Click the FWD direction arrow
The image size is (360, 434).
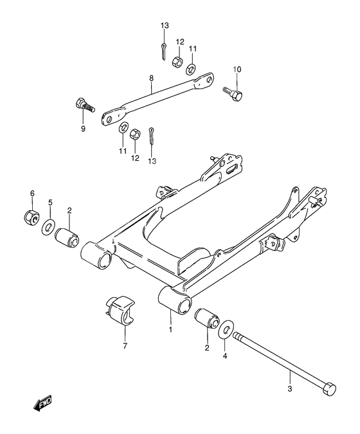[42, 402]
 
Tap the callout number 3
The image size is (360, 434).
[290, 389]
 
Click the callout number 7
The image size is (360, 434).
[125, 346]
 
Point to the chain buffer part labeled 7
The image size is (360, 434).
[120, 311]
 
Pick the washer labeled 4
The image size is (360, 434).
[226, 329]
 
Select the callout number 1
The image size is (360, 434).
[170, 330]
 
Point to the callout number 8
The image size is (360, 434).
[151, 78]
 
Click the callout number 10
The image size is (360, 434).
[237, 69]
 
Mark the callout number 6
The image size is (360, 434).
[32, 193]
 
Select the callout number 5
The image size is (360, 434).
[50, 203]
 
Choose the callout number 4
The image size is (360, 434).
[225, 356]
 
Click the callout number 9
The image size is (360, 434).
[84, 129]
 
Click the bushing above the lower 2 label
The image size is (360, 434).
[207, 318]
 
